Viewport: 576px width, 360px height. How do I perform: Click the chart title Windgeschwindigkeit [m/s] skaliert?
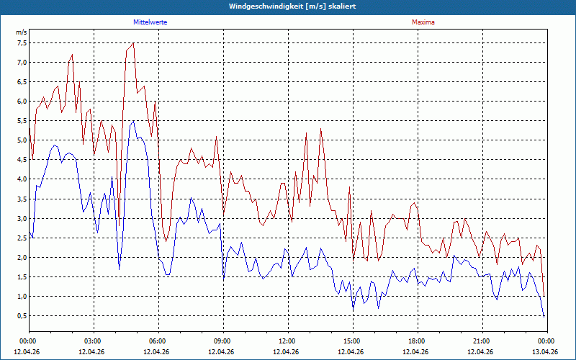tap(292, 6)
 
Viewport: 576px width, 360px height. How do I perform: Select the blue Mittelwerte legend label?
tap(150, 22)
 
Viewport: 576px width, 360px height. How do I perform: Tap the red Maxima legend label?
tap(423, 22)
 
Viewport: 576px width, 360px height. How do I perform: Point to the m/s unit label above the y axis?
tap(22, 32)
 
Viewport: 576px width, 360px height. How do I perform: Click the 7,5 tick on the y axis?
tap(22, 43)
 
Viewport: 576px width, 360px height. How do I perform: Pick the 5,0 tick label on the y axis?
tap(22, 140)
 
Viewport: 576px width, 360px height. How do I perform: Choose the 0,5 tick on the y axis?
tap(22, 315)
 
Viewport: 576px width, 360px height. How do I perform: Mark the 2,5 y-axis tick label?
tap(22, 238)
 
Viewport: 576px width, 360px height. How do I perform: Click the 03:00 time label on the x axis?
tap(94, 341)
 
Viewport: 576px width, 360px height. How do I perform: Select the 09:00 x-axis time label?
tap(223, 341)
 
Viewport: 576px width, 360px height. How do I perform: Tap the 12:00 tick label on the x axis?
tap(289, 341)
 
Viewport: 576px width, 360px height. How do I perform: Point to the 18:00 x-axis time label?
tap(418, 341)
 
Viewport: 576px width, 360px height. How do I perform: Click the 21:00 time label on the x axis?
tap(482, 341)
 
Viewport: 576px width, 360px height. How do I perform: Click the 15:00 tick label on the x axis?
tap(353, 341)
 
